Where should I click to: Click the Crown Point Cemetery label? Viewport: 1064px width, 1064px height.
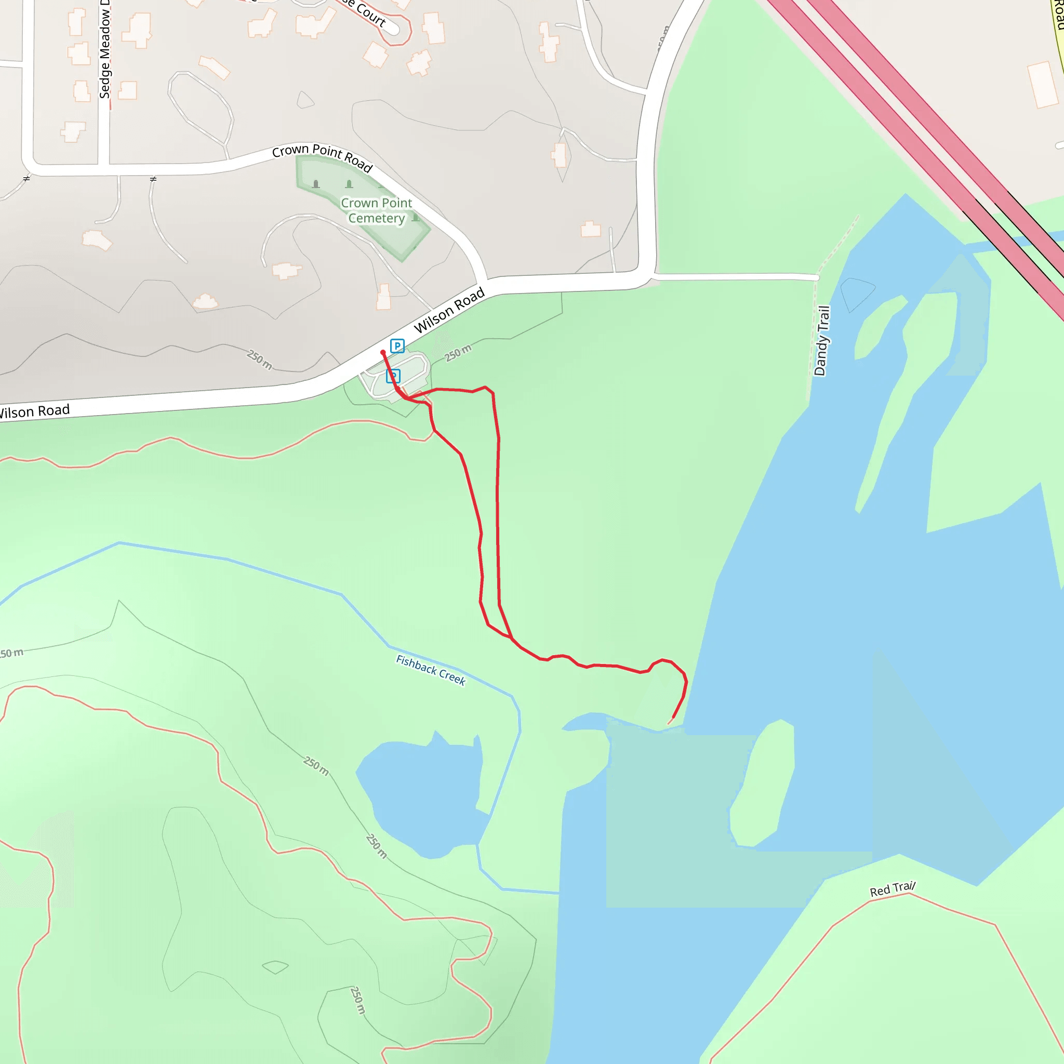click(376, 210)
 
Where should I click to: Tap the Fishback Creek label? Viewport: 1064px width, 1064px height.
click(431, 670)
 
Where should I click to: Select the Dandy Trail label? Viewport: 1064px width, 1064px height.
click(822, 341)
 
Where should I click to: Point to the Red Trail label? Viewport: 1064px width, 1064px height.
click(892, 889)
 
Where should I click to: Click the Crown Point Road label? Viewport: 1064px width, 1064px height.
click(322, 156)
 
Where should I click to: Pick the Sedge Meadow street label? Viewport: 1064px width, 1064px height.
click(104, 49)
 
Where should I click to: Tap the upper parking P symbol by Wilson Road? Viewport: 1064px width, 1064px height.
click(397, 346)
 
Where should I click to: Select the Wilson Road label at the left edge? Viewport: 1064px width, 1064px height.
click(34, 411)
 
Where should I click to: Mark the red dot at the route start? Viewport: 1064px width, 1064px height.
click(383, 352)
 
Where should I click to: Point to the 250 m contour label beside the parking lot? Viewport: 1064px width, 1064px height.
click(458, 353)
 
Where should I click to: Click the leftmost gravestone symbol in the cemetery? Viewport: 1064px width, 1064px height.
click(315, 184)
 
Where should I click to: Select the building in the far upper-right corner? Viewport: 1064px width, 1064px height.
click(1043, 84)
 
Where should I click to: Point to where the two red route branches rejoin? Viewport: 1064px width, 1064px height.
click(512, 639)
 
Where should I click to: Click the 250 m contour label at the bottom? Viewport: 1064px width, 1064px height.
click(357, 1000)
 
